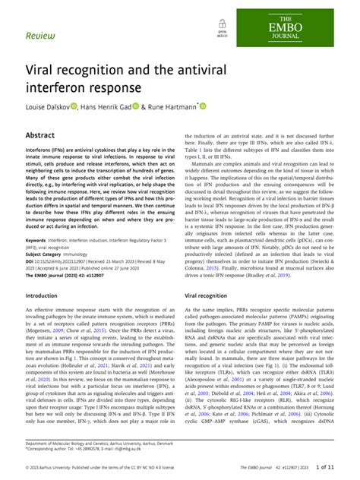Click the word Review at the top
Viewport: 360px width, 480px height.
(x=39, y=35)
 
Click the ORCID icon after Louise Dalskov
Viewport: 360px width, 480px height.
(x=74, y=108)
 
